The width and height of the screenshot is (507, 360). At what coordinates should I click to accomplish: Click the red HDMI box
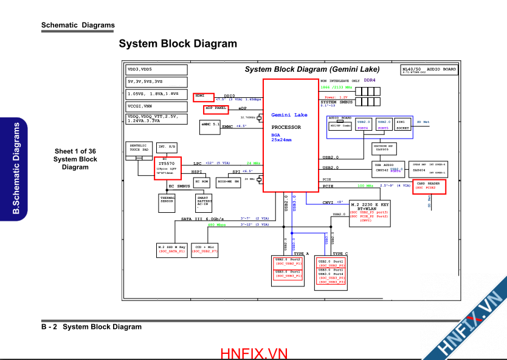(204, 97)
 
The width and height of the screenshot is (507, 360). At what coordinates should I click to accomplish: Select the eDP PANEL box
(216, 109)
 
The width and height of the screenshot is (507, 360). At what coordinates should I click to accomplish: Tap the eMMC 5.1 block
(210, 125)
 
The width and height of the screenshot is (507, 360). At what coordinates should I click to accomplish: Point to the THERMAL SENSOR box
(167, 202)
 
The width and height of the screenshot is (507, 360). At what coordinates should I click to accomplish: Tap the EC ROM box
(201, 181)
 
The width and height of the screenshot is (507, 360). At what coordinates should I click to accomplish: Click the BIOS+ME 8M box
(229, 181)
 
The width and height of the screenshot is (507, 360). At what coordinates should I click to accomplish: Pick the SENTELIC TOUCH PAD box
(139, 150)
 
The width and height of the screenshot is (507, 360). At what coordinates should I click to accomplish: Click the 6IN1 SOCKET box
(403, 125)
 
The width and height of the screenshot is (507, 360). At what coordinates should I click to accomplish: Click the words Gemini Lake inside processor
(289, 115)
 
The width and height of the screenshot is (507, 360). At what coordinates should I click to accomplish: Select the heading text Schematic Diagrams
(78, 26)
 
